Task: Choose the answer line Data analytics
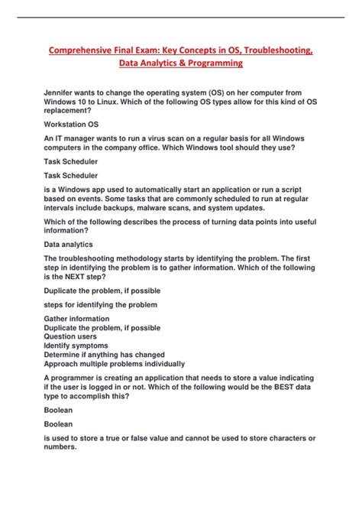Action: pos(68,245)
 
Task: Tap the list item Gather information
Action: pos(76,319)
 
